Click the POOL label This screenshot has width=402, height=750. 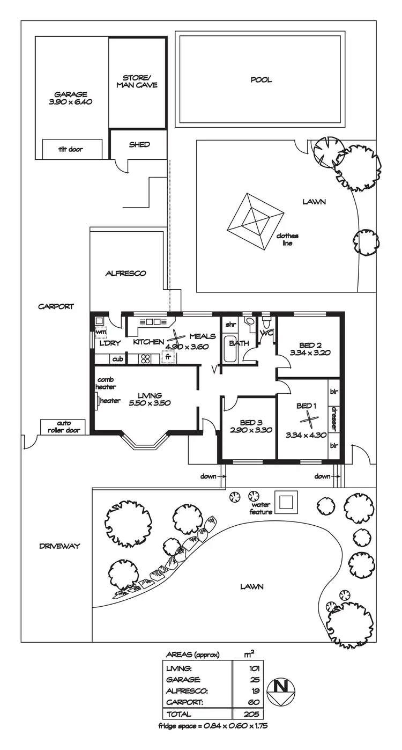(261, 80)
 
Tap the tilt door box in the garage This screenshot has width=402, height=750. (72, 149)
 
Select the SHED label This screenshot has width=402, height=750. (139, 144)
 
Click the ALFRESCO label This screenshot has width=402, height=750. (125, 273)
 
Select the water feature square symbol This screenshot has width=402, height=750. (287, 502)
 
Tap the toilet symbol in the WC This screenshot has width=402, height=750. (266, 324)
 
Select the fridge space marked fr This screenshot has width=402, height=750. (168, 357)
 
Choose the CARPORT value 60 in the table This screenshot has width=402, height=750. (254, 702)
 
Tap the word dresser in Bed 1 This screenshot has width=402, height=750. (333, 418)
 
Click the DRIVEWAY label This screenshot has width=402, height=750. (59, 546)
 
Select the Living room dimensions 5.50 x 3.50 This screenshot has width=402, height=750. (150, 403)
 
